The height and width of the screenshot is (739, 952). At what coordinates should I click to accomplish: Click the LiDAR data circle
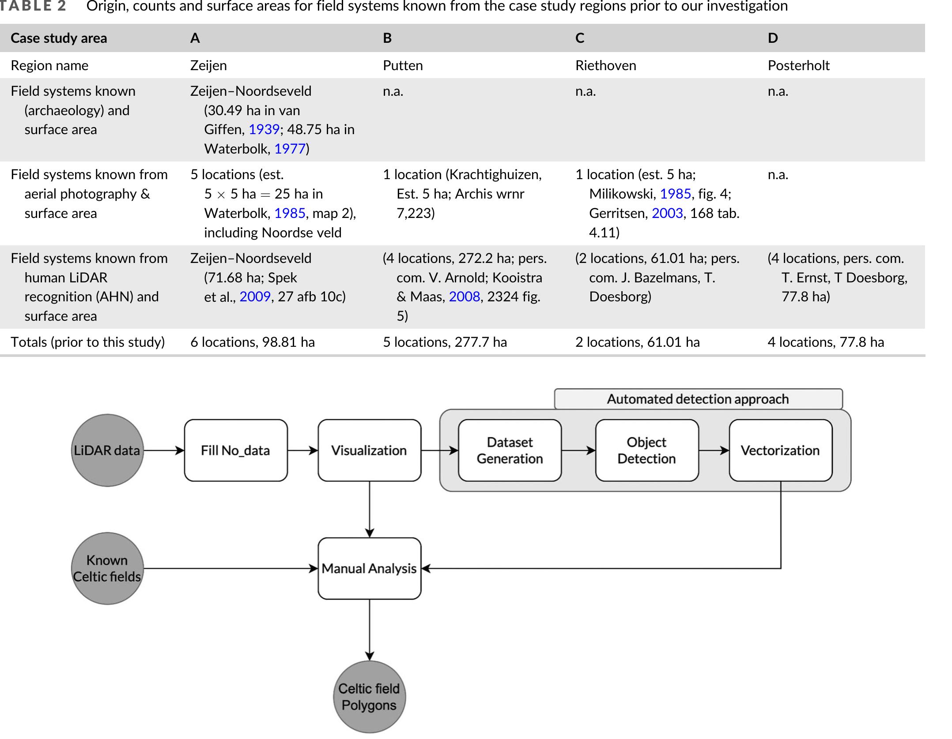click(107, 450)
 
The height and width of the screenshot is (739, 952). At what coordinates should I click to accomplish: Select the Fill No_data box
click(236, 450)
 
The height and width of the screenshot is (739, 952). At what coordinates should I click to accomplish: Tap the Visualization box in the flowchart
click(369, 450)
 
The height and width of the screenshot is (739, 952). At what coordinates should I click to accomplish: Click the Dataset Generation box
click(510, 450)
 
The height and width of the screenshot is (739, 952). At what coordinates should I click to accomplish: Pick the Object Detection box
click(646, 450)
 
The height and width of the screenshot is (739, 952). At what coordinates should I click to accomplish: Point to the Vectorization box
click(780, 450)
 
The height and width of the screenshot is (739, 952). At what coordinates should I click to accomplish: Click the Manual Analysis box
click(369, 569)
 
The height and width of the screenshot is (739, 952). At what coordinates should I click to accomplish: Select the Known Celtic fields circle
click(107, 569)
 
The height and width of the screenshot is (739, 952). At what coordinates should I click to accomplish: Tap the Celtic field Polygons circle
click(369, 697)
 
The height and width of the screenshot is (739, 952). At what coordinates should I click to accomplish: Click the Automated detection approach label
click(698, 399)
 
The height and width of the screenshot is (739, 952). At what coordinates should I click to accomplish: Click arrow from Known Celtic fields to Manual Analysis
click(230, 569)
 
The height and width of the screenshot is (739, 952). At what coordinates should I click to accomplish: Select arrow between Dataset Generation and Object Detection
click(578, 450)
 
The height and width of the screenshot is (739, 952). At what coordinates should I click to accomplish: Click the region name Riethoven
click(605, 66)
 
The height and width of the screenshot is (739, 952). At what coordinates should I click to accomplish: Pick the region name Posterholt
click(798, 66)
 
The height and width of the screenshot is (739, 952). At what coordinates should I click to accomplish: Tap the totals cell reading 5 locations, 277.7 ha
click(445, 342)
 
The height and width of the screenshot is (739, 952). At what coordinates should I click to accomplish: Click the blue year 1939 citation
click(264, 130)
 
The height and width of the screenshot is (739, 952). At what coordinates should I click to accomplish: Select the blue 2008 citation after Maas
click(464, 296)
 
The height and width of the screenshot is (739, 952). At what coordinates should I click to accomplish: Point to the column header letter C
click(580, 38)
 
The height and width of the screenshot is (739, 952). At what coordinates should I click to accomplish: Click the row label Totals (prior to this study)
click(87, 342)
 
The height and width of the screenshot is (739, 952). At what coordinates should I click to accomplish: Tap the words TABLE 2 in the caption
click(33, 6)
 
